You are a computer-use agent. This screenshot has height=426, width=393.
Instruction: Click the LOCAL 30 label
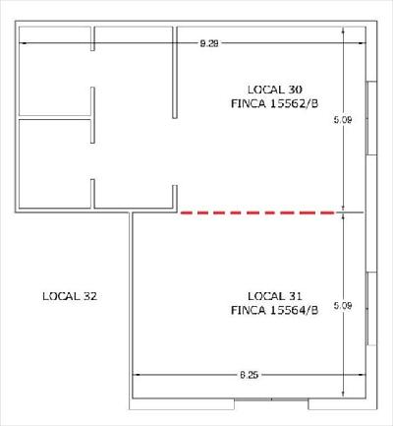(x=275, y=90)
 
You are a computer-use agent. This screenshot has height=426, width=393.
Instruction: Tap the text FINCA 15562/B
(x=274, y=103)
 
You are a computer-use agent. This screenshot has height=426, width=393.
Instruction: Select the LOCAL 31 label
(x=274, y=296)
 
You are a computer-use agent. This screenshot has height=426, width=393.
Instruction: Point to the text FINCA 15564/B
(x=274, y=310)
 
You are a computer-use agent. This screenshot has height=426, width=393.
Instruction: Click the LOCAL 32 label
(x=70, y=296)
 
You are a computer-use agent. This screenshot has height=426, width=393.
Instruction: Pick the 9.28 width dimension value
(x=209, y=43)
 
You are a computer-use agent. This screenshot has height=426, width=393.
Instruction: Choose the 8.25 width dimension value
(x=249, y=375)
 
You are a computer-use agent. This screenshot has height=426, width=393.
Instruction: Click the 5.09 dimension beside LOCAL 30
(x=343, y=120)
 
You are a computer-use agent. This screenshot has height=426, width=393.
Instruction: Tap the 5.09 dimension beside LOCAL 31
(x=343, y=306)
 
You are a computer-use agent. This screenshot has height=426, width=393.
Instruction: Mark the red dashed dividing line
(x=258, y=213)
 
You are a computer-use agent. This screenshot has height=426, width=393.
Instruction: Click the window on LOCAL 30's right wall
(x=371, y=118)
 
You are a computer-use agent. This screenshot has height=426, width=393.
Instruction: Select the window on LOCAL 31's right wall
(x=371, y=309)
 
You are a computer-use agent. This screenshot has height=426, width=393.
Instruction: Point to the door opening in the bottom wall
(x=271, y=399)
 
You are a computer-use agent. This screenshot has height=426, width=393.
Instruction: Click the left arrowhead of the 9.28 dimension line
(x=23, y=43)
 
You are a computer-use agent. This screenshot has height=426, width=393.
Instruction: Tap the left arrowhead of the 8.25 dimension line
(x=136, y=374)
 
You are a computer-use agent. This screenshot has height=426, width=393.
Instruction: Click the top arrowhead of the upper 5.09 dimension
(x=343, y=30)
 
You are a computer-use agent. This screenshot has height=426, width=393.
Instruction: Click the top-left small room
(x=55, y=71)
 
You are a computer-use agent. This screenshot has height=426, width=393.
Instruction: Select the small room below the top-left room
(x=55, y=163)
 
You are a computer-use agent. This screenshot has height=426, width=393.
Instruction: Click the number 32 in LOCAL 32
(x=89, y=296)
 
